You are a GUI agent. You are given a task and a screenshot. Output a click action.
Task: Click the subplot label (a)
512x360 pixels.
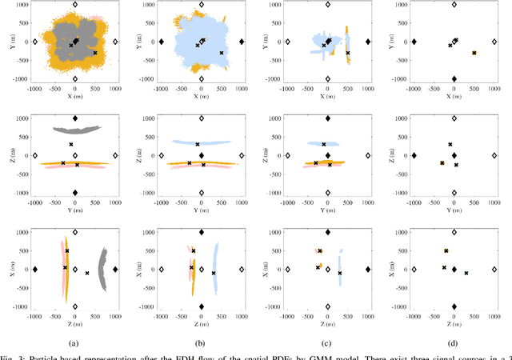[x=74, y=343]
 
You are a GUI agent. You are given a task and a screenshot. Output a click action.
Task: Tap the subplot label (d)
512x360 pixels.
[x=454, y=343]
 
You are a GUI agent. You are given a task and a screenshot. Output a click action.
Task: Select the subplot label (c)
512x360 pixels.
[x=327, y=343]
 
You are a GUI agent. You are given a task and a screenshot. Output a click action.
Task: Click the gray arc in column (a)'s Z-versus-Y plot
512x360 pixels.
[x=74, y=128]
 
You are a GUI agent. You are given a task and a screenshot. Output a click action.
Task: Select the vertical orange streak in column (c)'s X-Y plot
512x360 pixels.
[x=347, y=44]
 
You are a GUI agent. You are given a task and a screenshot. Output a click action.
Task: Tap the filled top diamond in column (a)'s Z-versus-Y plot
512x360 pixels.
[x=74, y=118]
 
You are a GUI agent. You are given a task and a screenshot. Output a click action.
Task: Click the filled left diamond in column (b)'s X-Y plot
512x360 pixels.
[x=162, y=42]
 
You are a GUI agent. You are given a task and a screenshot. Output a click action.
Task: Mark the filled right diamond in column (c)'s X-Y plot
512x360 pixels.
[x=367, y=42]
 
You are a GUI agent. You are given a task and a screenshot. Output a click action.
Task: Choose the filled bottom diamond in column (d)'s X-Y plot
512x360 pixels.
[x=454, y=79]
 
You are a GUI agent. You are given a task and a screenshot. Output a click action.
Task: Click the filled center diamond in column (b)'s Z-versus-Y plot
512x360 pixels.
[x=201, y=156]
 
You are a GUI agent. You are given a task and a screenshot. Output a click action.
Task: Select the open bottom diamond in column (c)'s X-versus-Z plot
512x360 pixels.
[x=327, y=306]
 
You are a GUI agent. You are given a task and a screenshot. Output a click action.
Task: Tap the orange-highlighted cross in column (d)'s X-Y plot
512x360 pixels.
[x=474, y=53]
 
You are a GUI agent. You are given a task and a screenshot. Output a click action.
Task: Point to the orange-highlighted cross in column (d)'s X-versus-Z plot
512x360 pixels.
[x=446, y=250]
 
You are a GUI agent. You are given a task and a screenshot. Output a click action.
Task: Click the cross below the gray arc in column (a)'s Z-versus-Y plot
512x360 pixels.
[x=71, y=145]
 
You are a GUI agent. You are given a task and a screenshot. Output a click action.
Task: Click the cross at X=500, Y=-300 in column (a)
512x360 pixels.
[x=94, y=53]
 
